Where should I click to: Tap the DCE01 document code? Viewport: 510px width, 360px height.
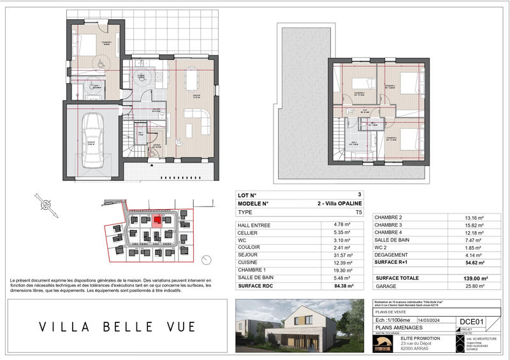coord(472,322)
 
